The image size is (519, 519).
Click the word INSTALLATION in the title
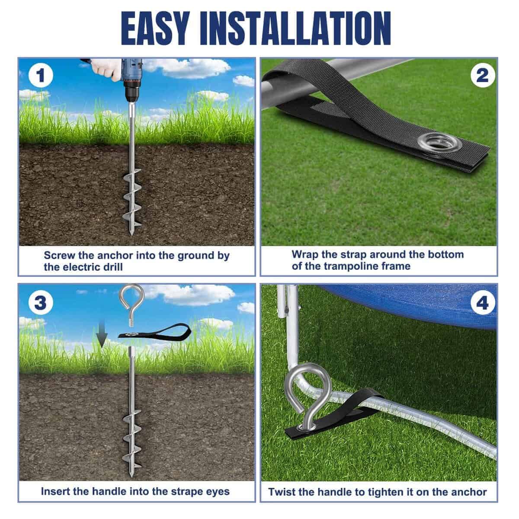(295, 28)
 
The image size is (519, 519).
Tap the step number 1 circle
(40, 75)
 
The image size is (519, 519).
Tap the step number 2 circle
(483, 75)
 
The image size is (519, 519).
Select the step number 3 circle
(40, 303)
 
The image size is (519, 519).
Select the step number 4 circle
(483, 303)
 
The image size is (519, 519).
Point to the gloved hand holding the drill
(106, 69)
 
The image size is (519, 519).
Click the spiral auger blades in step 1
(131, 198)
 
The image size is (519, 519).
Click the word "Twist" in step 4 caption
(282, 492)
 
